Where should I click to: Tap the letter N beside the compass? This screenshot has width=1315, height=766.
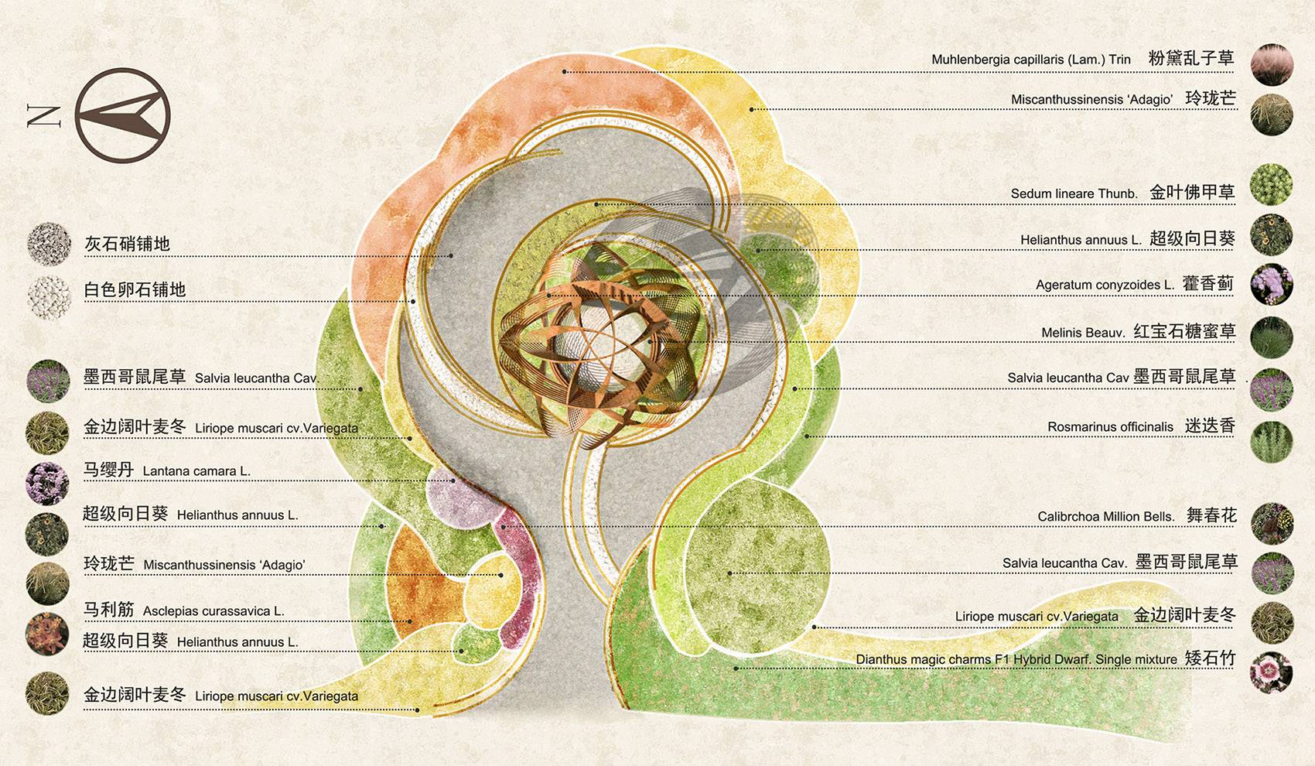pos(43,115)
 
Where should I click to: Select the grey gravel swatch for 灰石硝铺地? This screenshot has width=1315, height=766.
pos(49,244)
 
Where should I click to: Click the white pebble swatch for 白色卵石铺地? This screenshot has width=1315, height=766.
pos(49,296)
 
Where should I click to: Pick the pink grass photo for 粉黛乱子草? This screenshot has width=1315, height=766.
pos(1272,64)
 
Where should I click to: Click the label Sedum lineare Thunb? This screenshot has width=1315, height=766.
pos(1074,193)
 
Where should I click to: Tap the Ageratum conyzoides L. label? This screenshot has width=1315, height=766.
pos(1105,285)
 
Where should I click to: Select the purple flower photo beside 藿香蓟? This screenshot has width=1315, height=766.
pos(1272,284)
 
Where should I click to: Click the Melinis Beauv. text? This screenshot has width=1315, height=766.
pos(1082,333)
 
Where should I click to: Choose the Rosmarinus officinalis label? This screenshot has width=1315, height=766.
pos(1110,427)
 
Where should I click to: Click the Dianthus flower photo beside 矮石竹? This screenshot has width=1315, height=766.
pos(1271,672)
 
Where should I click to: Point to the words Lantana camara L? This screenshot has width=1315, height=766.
pos(196,471)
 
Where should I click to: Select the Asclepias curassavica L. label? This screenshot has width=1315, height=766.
pos(213,611)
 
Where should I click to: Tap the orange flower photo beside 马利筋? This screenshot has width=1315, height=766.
pos(46,632)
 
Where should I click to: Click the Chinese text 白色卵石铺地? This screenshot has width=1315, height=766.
pos(135,290)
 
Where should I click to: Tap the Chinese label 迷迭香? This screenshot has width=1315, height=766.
pos(1210,426)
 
